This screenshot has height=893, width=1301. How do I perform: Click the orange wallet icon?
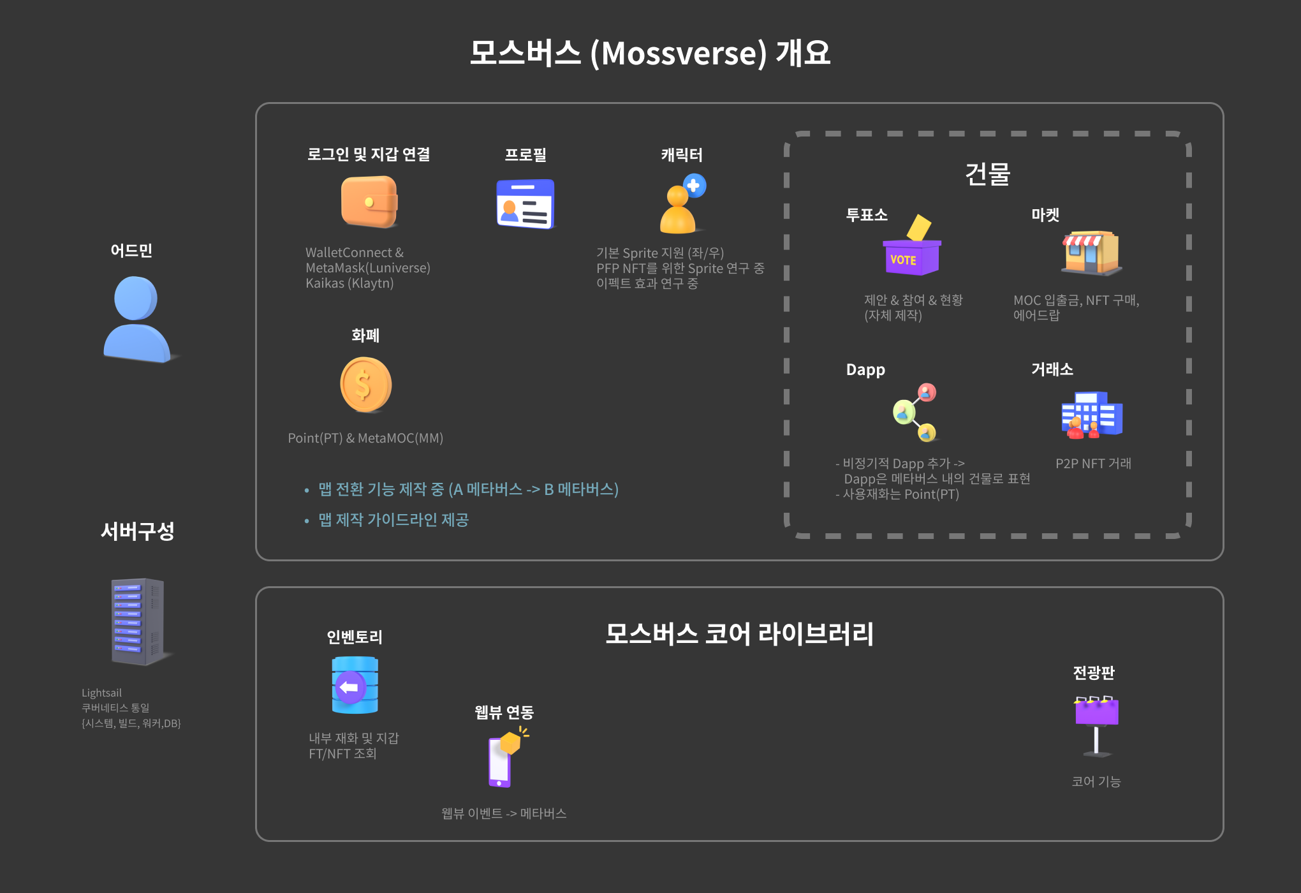coord(369,202)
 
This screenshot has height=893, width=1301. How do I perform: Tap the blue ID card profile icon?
coord(526,204)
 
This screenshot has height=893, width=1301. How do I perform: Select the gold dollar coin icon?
coord(365,385)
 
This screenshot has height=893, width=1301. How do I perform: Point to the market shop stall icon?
coord(1091,253)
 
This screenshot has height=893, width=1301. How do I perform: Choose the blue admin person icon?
coord(136,320)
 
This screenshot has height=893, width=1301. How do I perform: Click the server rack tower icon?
coord(138,621)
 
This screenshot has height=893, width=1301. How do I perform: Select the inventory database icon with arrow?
coord(355,685)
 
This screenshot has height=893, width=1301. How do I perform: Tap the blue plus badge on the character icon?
coord(694,186)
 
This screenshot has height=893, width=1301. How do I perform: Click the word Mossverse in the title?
coord(678,54)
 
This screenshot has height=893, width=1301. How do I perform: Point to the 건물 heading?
coord(987,173)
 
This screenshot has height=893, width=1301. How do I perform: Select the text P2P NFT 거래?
coord(1093,464)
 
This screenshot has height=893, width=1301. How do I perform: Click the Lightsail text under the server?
coord(101,693)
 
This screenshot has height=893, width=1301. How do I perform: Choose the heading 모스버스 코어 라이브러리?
coord(739,633)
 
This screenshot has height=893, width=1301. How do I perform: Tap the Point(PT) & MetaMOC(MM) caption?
coord(365,438)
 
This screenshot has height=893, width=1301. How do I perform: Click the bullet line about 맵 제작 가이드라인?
coord(393,520)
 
